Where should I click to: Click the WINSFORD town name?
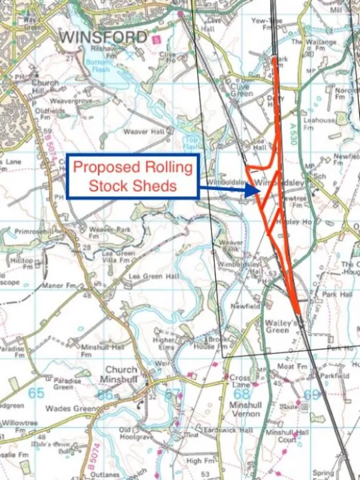(x=103, y=37)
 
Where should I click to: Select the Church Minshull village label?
(x=121, y=375)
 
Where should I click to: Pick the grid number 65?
(x=36, y=393)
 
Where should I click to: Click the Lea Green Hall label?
(x=154, y=276)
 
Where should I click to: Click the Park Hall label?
(x=336, y=293)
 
